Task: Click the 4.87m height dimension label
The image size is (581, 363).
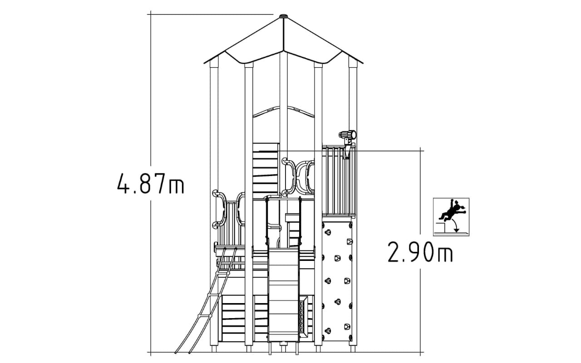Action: click(151, 184)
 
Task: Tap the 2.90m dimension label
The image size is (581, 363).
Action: click(420, 251)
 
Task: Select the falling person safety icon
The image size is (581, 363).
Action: click(451, 217)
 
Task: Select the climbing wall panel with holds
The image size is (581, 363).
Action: click(337, 282)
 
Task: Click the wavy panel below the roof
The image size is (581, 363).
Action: click(284, 112)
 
